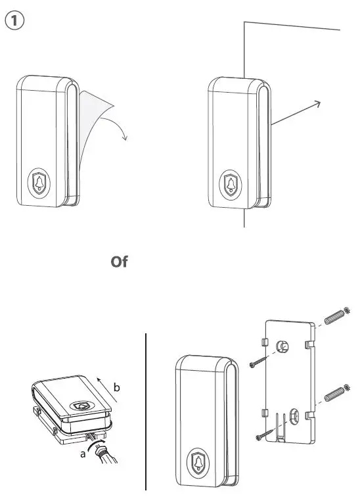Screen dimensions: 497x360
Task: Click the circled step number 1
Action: coord(14,20)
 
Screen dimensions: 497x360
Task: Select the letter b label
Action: coord(116,387)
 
